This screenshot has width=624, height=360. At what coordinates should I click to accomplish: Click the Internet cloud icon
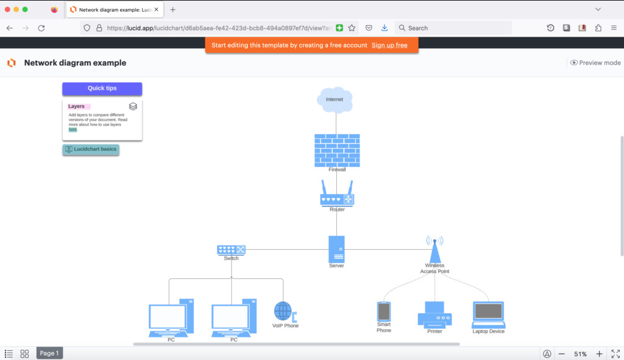coord(335,100)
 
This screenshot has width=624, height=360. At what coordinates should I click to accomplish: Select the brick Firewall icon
coord(337,150)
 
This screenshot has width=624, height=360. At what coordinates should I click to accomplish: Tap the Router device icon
coord(337,196)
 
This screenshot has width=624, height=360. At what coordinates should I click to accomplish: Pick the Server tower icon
coord(336,249)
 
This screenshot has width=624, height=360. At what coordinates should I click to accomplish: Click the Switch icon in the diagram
coord(231,250)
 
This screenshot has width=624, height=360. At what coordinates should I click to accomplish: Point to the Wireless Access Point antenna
coord(434,248)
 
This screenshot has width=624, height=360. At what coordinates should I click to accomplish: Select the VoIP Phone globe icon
coord(283,311)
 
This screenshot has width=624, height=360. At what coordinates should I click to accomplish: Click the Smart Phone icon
coord(383,311)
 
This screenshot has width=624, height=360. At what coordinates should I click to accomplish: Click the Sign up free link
coord(389,45)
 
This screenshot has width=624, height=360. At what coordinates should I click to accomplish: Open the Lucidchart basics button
coord(91,149)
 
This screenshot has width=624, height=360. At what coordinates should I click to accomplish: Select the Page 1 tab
coord(49,353)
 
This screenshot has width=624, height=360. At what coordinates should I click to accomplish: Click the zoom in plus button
coord(599,354)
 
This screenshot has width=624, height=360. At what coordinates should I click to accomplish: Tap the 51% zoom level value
coord(580,354)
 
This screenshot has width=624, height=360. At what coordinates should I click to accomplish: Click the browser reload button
coord(41,28)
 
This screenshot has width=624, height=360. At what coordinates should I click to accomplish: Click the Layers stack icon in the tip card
coord(133,107)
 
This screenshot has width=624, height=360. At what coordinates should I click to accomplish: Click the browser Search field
coord(453,28)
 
